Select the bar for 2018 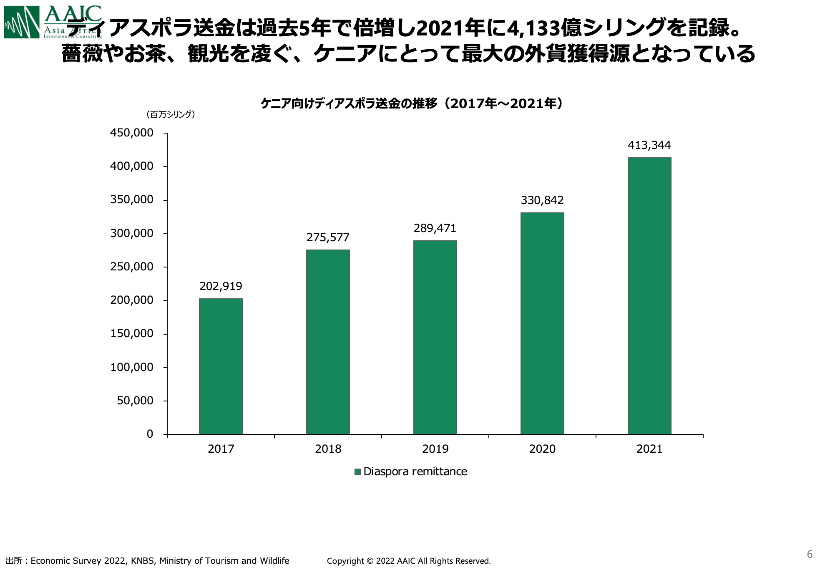coord(328,342)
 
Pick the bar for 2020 coord(542,323)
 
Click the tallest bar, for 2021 coord(649,296)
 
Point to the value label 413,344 coord(649,145)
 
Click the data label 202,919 coord(221,286)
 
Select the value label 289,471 coord(435,228)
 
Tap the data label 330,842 coord(542,200)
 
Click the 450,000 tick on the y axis coord(132,133)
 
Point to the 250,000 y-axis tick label coord(132,267)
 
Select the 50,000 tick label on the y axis coord(135,401)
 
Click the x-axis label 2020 coord(542,449)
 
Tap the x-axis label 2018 coord(328,449)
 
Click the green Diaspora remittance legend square coord(357,472)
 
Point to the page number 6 coord(810,554)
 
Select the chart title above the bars coord(412,103)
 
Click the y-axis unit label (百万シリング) coord(171,114)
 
